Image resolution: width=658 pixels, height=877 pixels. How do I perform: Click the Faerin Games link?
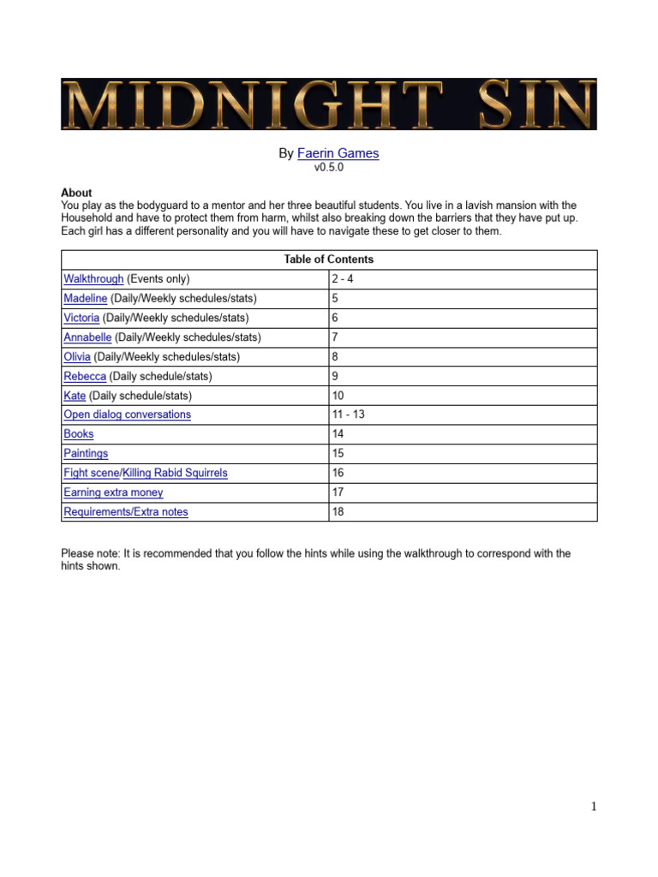pyautogui.click(x=338, y=153)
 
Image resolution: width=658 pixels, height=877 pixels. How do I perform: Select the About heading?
pyautogui.click(x=76, y=193)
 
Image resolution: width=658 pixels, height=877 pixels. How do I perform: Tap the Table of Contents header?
pyautogui.click(x=329, y=260)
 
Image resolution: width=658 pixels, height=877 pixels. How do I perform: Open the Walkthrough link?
pyautogui.click(x=93, y=279)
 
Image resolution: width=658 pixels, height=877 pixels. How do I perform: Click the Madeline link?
pyautogui.click(x=86, y=298)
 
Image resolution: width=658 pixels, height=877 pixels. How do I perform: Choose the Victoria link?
pyautogui.click(x=81, y=318)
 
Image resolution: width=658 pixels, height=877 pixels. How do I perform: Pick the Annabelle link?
pyautogui.click(x=87, y=337)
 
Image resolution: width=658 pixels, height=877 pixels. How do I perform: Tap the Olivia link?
pyautogui.click(x=77, y=356)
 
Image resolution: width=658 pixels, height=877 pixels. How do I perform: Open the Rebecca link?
pyautogui.click(x=85, y=376)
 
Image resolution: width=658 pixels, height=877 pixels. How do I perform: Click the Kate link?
pyautogui.click(x=75, y=396)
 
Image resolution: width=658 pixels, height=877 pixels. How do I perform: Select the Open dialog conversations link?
pyautogui.click(x=128, y=415)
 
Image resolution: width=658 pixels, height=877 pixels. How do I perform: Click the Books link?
pyautogui.click(x=79, y=434)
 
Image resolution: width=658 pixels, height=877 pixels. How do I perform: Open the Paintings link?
pyautogui.click(x=86, y=453)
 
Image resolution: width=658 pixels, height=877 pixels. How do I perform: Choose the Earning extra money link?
pyautogui.click(x=113, y=492)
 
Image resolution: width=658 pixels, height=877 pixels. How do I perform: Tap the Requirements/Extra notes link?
pyautogui.click(x=126, y=512)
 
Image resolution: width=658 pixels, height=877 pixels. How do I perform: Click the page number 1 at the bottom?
pyautogui.click(x=593, y=806)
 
